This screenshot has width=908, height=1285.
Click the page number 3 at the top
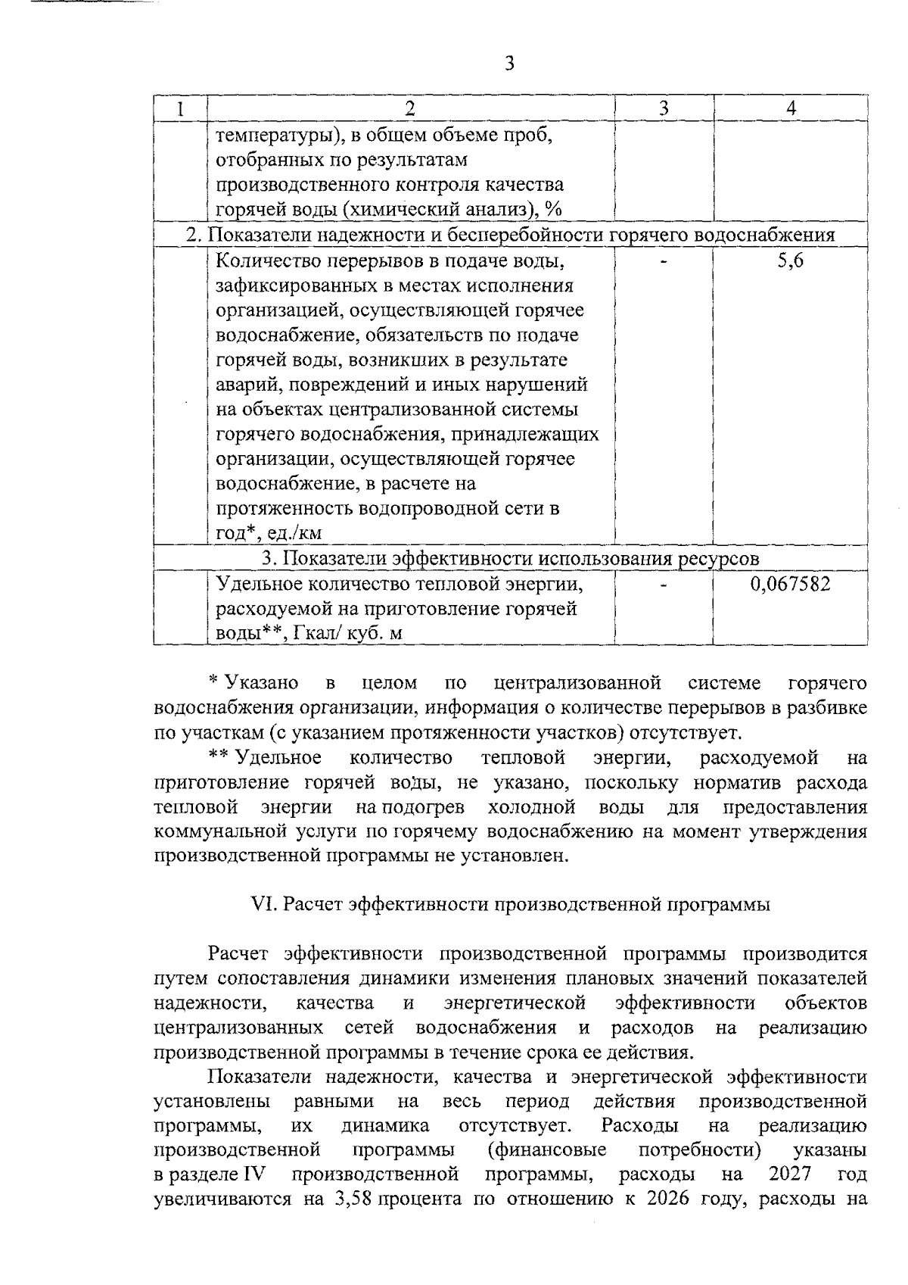(508, 63)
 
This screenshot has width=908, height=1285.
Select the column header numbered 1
(180, 108)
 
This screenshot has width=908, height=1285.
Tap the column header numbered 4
(791, 108)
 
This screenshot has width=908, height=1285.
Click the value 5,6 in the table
(791, 262)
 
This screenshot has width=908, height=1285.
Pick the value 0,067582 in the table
(790, 585)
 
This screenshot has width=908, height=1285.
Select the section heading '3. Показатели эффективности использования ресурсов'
(511, 559)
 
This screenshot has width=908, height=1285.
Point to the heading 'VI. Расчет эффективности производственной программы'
(511, 905)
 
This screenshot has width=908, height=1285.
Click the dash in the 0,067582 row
(664, 585)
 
